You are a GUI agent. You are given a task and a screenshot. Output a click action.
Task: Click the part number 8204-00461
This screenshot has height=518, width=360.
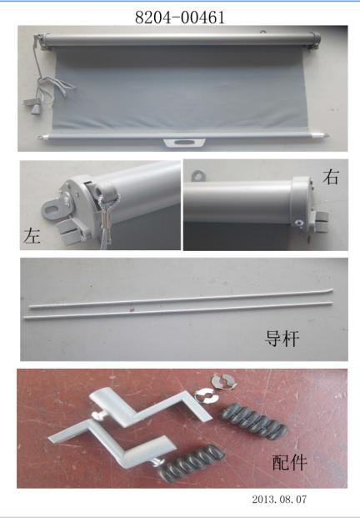coord(180,18)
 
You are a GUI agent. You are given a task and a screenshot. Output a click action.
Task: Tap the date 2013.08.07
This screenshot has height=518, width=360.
coord(279,499)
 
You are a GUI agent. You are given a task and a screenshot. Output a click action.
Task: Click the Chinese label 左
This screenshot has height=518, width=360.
coord(32,236)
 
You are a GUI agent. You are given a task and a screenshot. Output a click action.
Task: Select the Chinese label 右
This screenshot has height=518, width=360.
coord(331,176)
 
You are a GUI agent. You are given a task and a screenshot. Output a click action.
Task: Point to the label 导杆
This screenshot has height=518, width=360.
coord(282,339)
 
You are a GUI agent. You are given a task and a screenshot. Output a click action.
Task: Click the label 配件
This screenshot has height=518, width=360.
coord(289,462)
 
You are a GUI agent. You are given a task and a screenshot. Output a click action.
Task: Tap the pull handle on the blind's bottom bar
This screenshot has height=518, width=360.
coord(184,143)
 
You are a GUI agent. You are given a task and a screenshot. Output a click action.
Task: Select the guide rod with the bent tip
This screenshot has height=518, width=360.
coord(181,299)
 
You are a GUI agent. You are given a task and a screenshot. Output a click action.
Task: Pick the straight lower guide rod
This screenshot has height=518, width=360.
coord(177,309)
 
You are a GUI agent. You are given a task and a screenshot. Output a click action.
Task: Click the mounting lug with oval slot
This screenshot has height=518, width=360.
coord(55,209)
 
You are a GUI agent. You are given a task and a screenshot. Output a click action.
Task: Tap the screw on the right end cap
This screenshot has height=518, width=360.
coord(300,224)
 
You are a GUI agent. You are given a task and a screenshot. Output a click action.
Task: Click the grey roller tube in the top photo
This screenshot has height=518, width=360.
coord(179,39)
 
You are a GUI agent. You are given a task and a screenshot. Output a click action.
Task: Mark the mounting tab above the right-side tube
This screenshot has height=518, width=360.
coord(198,175)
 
